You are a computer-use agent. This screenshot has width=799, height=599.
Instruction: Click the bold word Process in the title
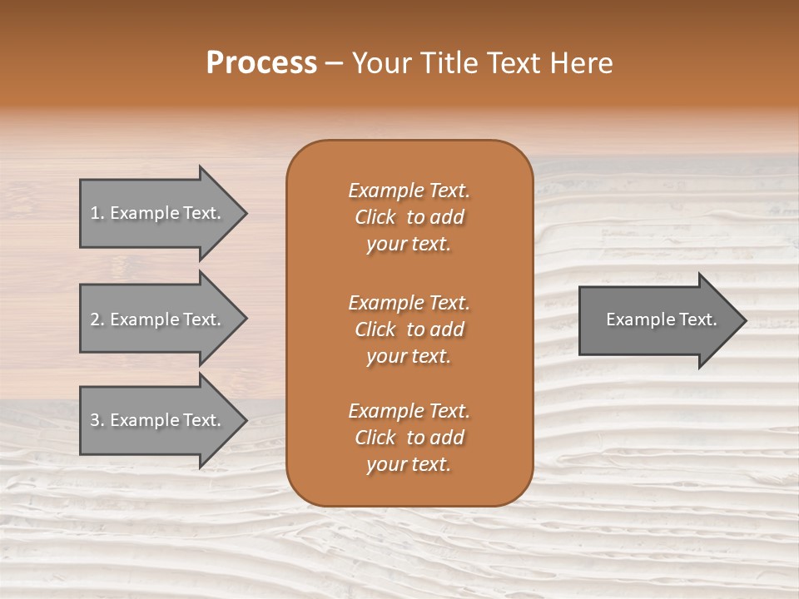click(261, 63)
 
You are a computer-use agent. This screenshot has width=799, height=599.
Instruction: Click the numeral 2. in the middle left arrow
click(97, 319)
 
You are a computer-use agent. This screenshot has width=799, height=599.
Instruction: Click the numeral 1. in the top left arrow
click(97, 213)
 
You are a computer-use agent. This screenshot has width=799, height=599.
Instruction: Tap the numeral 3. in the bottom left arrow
click(97, 420)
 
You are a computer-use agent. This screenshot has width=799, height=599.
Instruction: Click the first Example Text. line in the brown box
click(409, 191)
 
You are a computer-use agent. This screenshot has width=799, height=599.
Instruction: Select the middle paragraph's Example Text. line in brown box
click(409, 302)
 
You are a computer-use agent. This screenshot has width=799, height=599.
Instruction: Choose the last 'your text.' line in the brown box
click(409, 465)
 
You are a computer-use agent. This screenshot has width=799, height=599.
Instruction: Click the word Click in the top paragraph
click(375, 217)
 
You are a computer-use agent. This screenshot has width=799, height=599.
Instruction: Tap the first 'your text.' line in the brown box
click(409, 245)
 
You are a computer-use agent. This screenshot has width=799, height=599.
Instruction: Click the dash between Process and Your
click(334, 63)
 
